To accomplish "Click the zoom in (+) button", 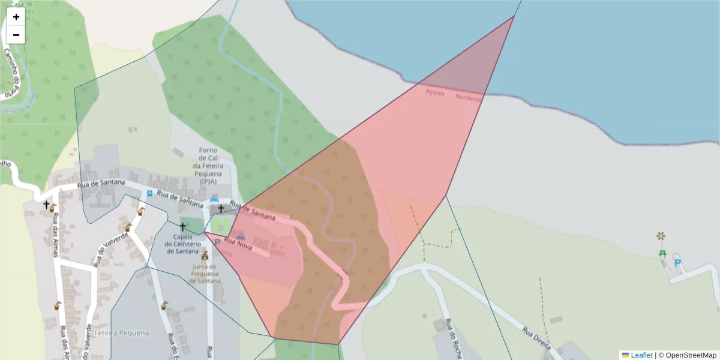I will point(16,17).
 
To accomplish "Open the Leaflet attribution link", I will point(641,355).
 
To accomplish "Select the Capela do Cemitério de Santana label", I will point(187,244).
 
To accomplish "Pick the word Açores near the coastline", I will point(435,92).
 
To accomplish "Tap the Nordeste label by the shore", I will point(469,97).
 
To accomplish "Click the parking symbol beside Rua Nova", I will point(217,242).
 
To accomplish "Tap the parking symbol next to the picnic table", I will point(677,262).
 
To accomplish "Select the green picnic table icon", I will point(662,253).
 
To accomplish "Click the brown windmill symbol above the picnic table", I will point(661,236).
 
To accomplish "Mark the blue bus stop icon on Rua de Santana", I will point(149,193).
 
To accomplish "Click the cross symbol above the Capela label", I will point(183,227).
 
